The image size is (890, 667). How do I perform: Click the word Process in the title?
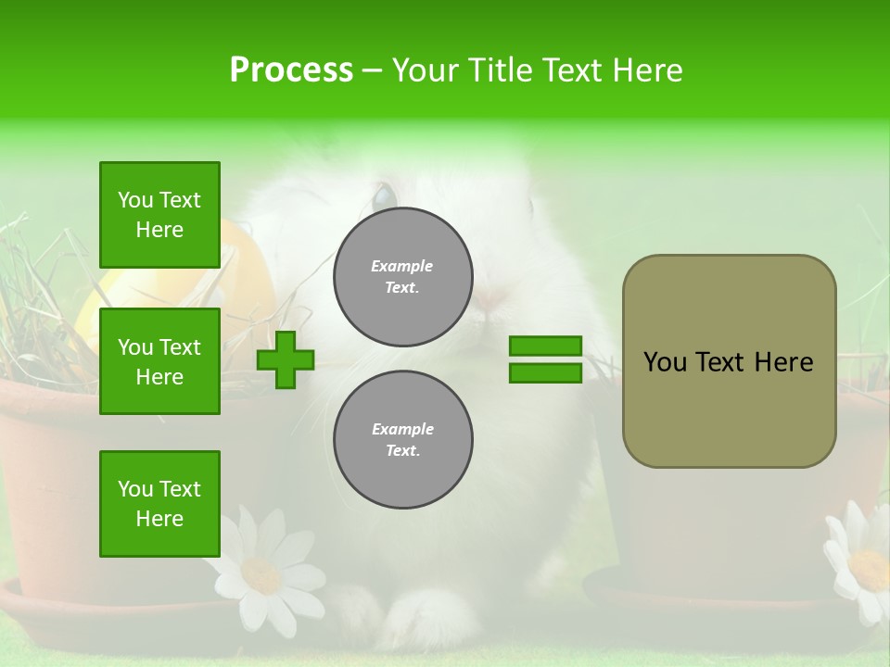click(x=291, y=70)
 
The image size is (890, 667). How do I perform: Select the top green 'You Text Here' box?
click(x=159, y=215)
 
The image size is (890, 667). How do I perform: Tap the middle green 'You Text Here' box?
click(x=159, y=361)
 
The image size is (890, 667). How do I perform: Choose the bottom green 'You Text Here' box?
click(x=159, y=504)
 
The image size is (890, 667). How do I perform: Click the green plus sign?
click(x=286, y=360)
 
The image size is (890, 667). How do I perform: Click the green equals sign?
click(x=545, y=359)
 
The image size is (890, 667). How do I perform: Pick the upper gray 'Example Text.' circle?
click(x=403, y=277)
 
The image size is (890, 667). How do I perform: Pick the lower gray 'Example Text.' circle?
click(x=403, y=440)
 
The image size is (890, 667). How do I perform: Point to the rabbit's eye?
click(x=383, y=196)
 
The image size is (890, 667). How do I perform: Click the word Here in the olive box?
click(x=783, y=362)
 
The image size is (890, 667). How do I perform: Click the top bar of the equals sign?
click(x=545, y=346)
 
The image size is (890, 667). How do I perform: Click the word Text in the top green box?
click(x=179, y=200)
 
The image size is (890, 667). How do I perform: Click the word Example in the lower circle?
click(x=402, y=429)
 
